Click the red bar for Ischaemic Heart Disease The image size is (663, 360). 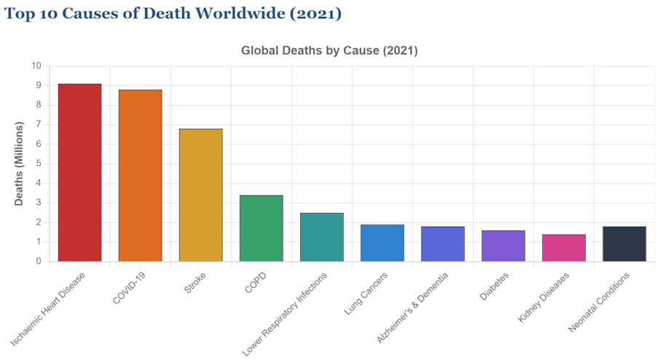[x=79, y=173]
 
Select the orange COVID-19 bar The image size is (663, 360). [x=140, y=176]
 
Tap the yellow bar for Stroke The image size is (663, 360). [x=200, y=195]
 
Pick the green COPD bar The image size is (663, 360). [x=261, y=228]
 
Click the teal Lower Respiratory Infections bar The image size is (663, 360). [x=321, y=237]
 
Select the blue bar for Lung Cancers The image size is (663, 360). [x=382, y=243]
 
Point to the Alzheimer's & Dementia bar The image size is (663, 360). [x=442, y=244]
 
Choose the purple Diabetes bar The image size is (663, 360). [x=503, y=246]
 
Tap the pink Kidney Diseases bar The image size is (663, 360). [x=563, y=248]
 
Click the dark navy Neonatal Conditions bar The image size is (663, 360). [x=624, y=244]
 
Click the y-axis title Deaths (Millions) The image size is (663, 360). [x=20, y=163]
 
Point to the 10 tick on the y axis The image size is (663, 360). [x=36, y=66]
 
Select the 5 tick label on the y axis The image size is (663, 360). [x=38, y=164]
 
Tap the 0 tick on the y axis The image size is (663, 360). [x=38, y=262]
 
